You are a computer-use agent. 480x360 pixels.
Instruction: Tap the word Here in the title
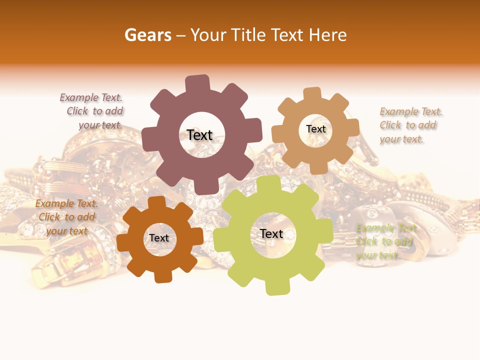coord(328,35)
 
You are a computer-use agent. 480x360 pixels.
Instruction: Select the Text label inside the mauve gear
coord(199,135)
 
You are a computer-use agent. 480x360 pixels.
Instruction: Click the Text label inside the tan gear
coord(315,129)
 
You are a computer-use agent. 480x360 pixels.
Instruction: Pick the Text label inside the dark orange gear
coord(159,238)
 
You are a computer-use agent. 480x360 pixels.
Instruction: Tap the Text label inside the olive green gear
coord(271,233)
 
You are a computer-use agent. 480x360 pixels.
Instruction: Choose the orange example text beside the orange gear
coord(67,217)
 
